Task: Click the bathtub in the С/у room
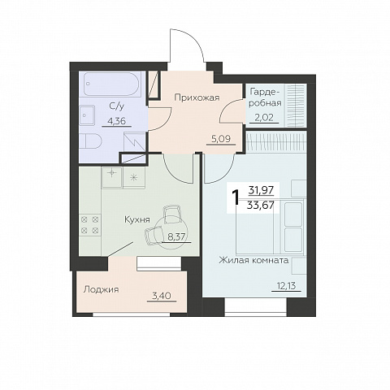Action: pos(112,84)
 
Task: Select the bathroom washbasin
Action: pos(87,115)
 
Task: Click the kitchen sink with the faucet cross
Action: pos(112,177)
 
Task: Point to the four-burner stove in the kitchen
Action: pos(90,224)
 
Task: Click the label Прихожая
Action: pos(197,97)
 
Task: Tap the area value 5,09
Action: pos(221,139)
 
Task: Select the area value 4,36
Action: pos(117,121)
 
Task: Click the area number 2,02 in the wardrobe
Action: pos(264,118)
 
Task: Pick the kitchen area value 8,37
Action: pos(176,237)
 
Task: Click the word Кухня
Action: pos(137,219)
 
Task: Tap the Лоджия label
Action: pos(101,289)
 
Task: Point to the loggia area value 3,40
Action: pos(162,296)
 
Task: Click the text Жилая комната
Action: pos(253,261)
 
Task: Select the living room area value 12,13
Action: pos(286,286)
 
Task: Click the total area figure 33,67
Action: pos(260,206)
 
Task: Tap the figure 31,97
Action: pos(261,191)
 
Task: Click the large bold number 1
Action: pos(236,197)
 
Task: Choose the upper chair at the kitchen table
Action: pos(172,214)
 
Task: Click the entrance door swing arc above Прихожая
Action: pos(195,38)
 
